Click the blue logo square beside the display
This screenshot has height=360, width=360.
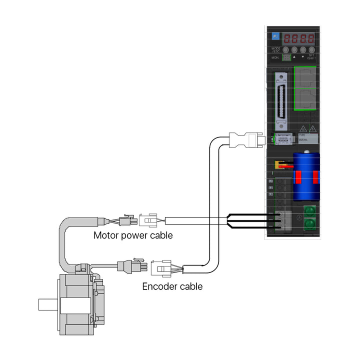click(x=275, y=36)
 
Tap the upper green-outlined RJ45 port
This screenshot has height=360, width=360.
click(x=306, y=77)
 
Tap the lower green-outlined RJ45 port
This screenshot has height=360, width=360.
click(x=306, y=98)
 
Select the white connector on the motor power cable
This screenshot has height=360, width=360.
click(x=148, y=220)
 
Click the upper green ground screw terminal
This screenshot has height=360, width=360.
click(x=310, y=211)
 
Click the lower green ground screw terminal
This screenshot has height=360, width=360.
click(x=310, y=223)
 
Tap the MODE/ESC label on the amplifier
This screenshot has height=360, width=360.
click(x=276, y=49)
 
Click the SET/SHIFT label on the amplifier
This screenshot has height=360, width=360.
click(x=311, y=57)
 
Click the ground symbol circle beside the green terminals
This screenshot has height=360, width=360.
click(x=298, y=217)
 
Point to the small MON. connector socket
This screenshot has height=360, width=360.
click(x=286, y=57)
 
